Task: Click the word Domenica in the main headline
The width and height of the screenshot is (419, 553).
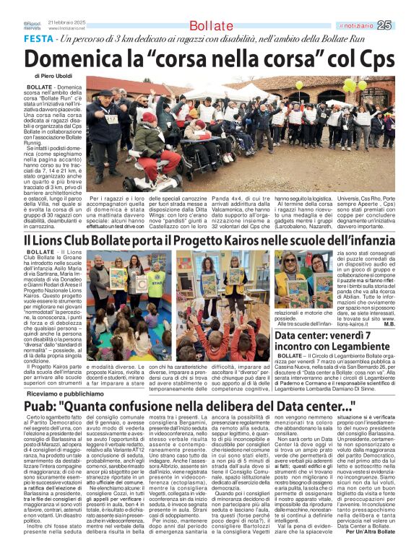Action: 74,57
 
